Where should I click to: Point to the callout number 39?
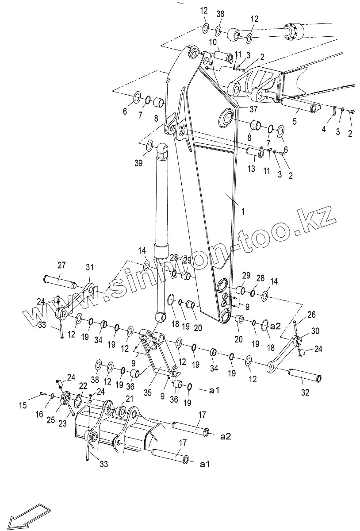pyautogui.click(x=138, y=163)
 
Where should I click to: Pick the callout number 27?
pyautogui.click(x=61, y=265)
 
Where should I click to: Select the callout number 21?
pyautogui.click(x=129, y=398)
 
